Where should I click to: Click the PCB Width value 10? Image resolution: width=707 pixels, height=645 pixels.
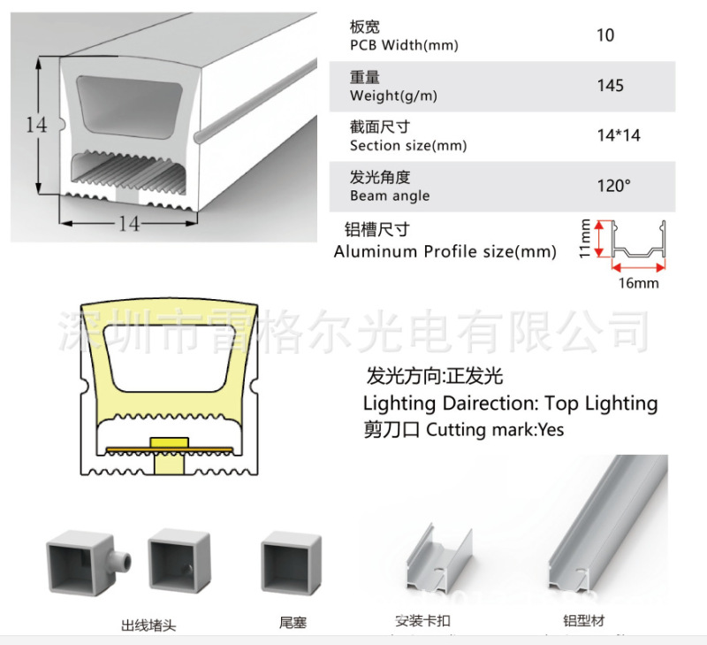pyautogui.click(x=605, y=36)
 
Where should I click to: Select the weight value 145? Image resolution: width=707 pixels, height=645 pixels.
pyautogui.click(x=610, y=86)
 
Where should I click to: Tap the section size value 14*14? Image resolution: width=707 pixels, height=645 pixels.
pyautogui.click(x=619, y=135)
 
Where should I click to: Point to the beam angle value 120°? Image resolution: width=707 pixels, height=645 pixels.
pyautogui.click(x=615, y=186)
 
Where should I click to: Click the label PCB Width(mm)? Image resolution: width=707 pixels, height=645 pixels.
pyautogui.click(x=404, y=45)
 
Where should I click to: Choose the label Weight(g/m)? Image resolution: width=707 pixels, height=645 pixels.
pyautogui.click(x=393, y=96)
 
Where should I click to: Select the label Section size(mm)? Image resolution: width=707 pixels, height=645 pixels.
pyautogui.click(x=408, y=146)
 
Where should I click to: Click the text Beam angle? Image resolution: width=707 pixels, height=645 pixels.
pyautogui.click(x=390, y=196)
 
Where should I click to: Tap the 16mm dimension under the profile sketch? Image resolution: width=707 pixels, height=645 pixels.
pyautogui.click(x=639, y=283)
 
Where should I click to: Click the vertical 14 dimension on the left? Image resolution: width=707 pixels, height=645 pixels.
pyautogui.click(x=35, y=125)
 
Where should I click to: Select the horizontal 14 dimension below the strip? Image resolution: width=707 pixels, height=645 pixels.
pyautogui.click(x=129, y=224)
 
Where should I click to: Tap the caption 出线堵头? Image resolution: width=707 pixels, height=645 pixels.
pyautogui.click(x=148, y=625)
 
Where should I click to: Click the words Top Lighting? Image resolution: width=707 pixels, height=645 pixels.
pyautogui.click(x=601, y=403)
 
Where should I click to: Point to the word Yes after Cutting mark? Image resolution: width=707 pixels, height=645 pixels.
pyautogui.click(x=549, y=431)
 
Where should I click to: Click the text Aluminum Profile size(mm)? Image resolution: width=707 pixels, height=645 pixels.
pyautogui.click(x=445, y=251)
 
